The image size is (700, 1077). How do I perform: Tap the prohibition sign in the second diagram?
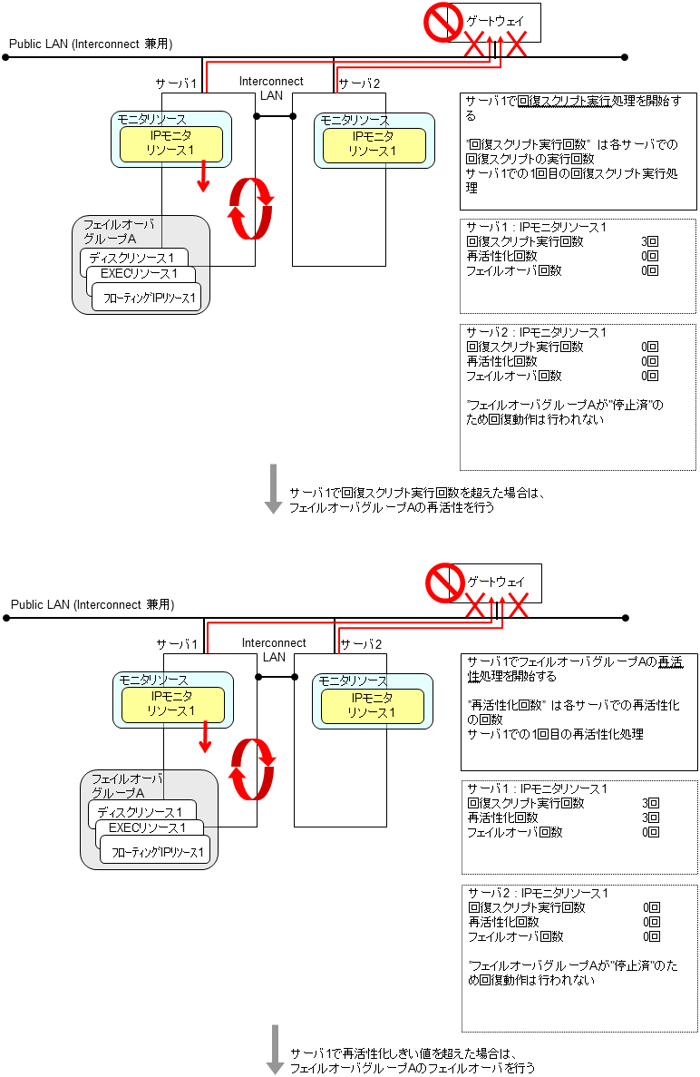445,583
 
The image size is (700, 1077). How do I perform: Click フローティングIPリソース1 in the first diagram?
150,298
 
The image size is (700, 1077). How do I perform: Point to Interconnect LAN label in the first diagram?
271,87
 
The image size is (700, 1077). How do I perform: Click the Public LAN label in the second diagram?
92,604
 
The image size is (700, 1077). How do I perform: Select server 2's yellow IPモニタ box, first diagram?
374,144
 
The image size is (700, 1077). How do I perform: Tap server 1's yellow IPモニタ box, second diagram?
171,704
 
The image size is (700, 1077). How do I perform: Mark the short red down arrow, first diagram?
203,175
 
